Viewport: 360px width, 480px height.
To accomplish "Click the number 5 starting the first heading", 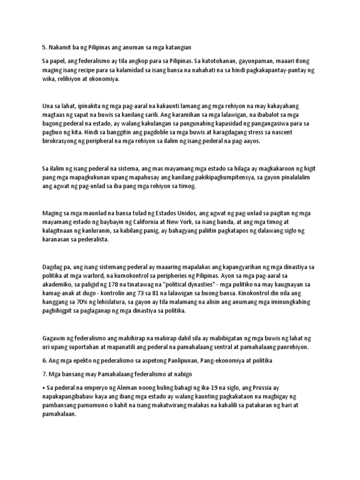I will pos(44,48).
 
